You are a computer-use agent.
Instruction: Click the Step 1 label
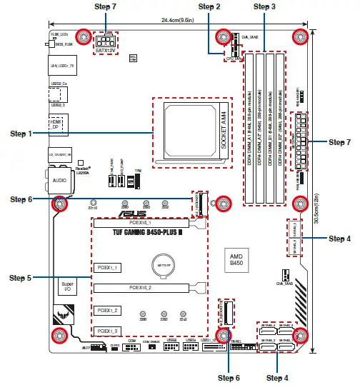[20, 134]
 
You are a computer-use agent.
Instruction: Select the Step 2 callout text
[209, 6]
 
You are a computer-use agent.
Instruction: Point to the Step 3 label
[264, 6]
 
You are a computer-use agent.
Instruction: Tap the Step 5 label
[20, 277]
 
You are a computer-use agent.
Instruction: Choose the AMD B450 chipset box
[236, 259]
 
